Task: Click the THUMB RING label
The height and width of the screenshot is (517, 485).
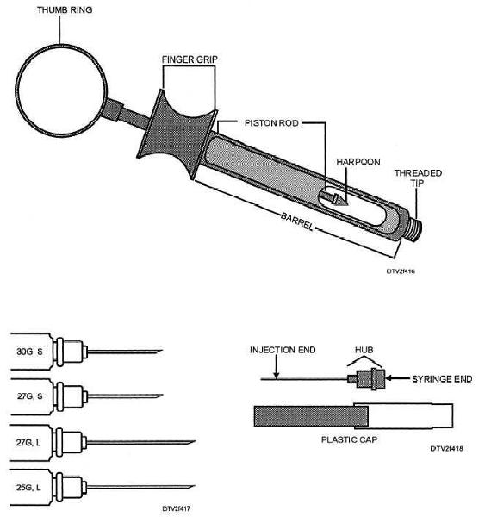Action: [65, 9]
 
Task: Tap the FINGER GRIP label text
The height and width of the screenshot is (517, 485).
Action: [190, 59]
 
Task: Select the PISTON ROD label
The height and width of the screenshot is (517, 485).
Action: [271, 123]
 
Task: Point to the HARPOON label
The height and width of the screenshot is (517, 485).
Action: [358, 162]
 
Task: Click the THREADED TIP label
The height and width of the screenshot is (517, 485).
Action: [418, 178]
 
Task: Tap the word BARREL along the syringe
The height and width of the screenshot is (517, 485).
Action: [296, 221]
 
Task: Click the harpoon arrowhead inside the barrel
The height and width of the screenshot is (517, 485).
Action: [340, 200]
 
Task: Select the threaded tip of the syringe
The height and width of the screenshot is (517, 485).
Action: [415, 227]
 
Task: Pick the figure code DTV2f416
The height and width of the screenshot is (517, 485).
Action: [401, 271]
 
